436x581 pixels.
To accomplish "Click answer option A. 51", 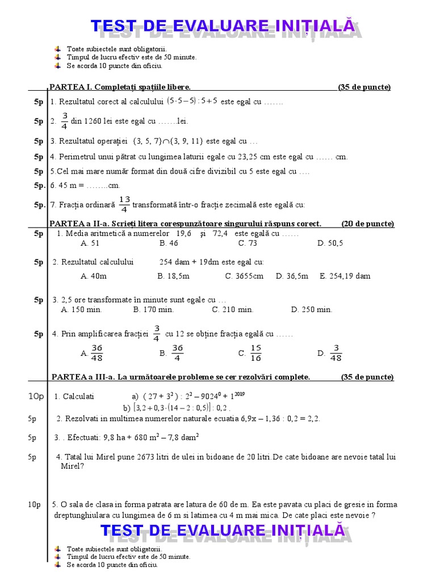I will point(90,243).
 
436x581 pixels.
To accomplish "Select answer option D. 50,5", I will point(330,243).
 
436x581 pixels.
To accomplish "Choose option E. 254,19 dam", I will point(345,276).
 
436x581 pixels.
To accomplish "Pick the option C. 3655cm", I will point(244,276).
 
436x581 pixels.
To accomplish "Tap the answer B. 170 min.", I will point(153,309).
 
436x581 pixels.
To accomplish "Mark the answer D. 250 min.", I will point(311,309).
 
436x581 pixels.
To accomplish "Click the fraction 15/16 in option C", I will point(255,353).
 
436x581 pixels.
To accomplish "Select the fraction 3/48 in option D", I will point(336,353).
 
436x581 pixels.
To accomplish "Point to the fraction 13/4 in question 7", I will point(125,204).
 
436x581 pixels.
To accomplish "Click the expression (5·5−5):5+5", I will point(192,101).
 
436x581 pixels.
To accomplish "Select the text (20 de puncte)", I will point(367,224).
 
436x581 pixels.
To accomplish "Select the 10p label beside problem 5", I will point(34,504).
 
